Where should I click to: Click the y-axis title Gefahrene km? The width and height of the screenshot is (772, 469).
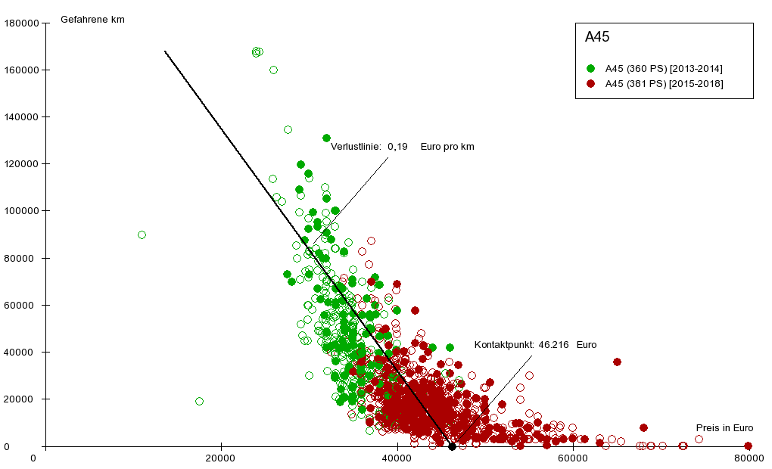tap(92, 20)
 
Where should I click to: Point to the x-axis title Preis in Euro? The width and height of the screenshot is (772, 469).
tap(724, 428)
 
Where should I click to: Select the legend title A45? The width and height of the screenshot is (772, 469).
tap(597, 36)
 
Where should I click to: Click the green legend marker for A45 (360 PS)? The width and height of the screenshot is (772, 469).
tap(591, 69)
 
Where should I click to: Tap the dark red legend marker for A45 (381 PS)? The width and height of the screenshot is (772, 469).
tap(591, 83)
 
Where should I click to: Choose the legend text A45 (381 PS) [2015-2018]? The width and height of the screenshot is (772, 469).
tap(664, 83)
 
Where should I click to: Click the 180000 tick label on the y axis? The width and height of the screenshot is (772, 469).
tap(21, 23)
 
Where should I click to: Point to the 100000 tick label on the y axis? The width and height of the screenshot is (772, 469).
tap(21, 211)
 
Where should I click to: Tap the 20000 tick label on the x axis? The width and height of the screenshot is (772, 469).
tap(220, 457)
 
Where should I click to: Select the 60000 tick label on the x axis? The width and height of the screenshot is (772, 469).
tap(573, 457)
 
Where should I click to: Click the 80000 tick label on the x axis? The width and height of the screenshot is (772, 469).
tap(748, 457)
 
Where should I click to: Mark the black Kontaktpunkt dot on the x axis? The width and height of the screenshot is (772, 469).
tap(452, 446)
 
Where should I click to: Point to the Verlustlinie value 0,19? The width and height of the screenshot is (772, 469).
tap(397, 147)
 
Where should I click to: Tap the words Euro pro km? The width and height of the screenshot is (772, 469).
tap(447, 147)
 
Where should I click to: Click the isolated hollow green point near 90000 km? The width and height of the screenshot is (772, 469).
tap(142, 234)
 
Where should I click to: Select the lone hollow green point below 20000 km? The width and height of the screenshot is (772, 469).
tap(199, 401)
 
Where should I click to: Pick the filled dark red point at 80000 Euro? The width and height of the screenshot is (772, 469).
tap(748, 446)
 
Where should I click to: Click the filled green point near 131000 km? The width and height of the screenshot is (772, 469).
tap(326, 138)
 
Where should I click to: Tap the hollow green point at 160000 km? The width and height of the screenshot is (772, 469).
tap(273, 70)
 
